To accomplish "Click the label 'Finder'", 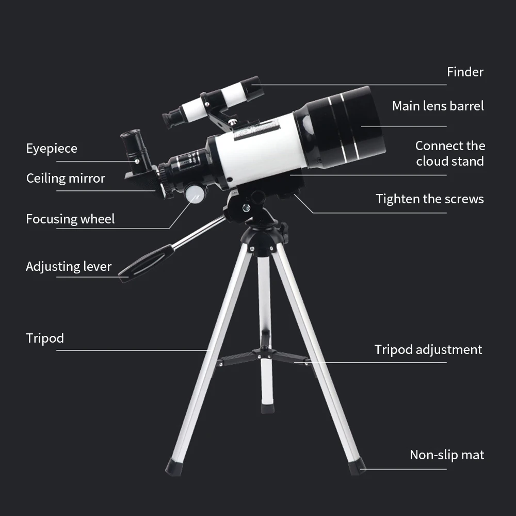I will click(x=465, y=72).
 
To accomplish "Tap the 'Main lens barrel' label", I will click(x=438, y=106).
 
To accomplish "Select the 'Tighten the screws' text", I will click(x=429, y=199).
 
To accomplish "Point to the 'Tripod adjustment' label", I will click(x=428, y=350).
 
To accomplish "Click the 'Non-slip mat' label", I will click(x=446, y=455).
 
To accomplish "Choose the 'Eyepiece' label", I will click(x=52, y=149).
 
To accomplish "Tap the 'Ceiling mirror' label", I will click(x=66, y=179).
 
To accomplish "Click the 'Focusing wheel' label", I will click(x=70, y=219).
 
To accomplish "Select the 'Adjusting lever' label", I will click(x=69, y=267).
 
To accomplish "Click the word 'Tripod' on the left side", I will click(x=45, y=338).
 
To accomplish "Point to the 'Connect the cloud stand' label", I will click(x=450, y=153).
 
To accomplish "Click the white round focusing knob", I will click(x=195, y=194).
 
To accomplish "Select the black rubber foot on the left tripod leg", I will click(x=173, y=467).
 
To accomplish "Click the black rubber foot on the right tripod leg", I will click(x=357, y=466).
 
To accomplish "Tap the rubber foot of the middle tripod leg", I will click(x=267, y=408).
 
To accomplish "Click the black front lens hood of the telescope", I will click(x=343, y=126).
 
